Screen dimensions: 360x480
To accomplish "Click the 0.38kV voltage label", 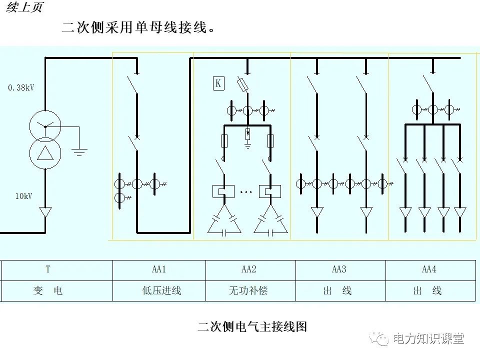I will pyautogui.click(x=21, y=87).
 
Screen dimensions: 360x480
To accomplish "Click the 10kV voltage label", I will pyautogui.click(x=23, y=196).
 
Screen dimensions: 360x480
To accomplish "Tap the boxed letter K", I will pyautogui.click(x=218, y=83).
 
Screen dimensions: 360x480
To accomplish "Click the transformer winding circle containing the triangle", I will pyautogui.click(x=45, y=152).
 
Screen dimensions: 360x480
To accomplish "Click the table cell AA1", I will pyautogui.click(x=159, y=269).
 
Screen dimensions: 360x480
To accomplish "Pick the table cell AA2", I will pyautogui.click(x=249, y=269).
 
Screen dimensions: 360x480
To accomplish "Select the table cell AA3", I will pyautogui.click(x=339, y=269).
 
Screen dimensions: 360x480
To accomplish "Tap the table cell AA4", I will pyautogui.click(x=429, y=269).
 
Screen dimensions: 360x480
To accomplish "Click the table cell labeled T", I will pyautogui.click(x=48, y=269).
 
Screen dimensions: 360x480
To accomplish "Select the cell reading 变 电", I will pyautogui.click(x=48, y=290).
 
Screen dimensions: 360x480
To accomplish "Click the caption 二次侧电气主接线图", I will pyautogui.click(x=252, y=326).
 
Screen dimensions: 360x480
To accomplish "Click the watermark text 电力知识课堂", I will pyautogui.click(x=428, y=338).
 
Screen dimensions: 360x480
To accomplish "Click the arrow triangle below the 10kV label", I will pyautogui.click(x=45, y=212).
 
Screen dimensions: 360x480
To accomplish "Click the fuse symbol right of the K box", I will pyautogui.click(x=243, y=85).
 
